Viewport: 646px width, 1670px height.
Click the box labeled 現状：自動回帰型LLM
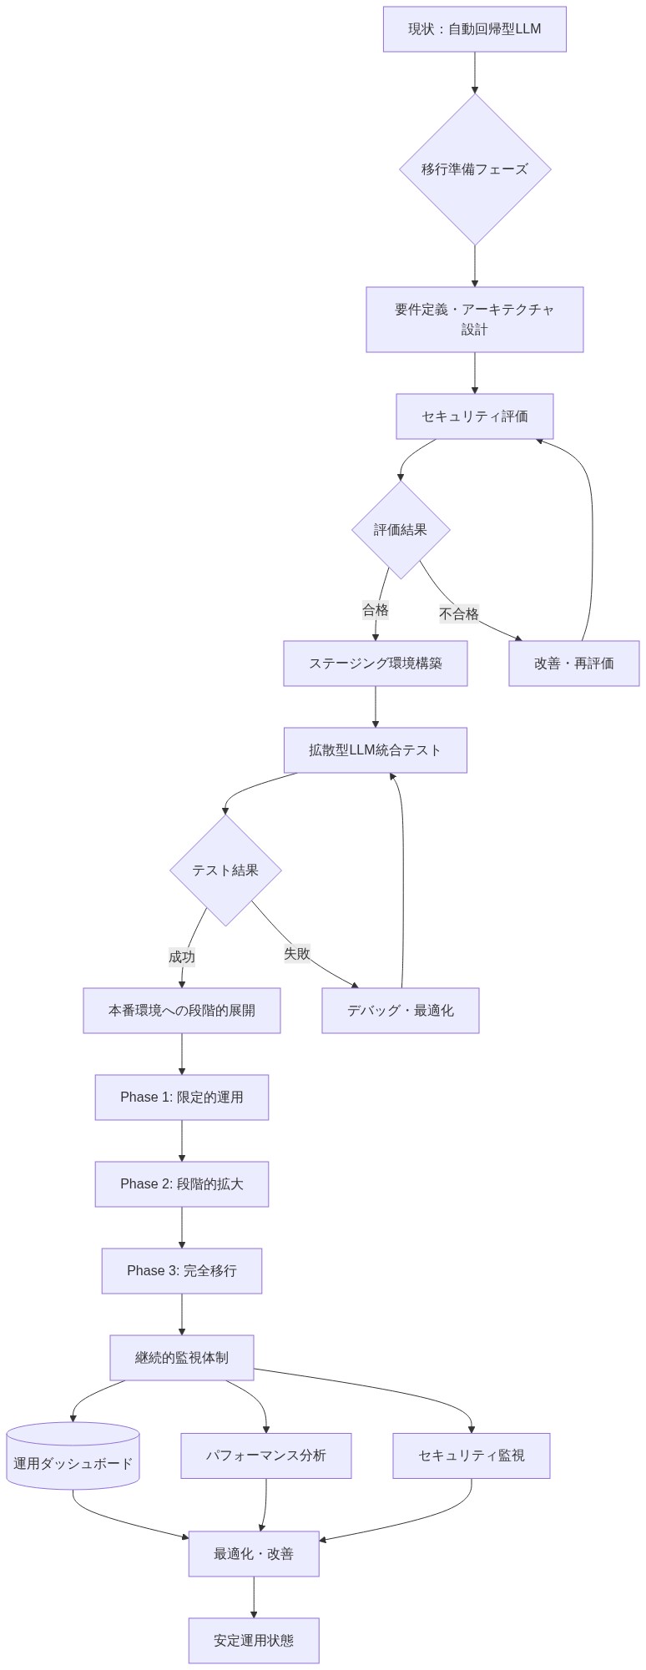474,29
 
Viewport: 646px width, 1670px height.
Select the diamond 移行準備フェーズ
474,169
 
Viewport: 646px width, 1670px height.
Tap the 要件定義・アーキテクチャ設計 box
474,320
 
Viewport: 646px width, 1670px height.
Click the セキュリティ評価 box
474,416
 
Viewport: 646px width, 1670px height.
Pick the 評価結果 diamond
401,530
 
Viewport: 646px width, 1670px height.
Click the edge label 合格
376,610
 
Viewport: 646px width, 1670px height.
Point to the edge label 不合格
459,614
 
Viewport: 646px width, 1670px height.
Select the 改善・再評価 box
573,663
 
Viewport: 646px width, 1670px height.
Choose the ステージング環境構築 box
375,663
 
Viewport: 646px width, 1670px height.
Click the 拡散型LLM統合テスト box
375,750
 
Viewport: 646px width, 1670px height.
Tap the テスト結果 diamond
225,870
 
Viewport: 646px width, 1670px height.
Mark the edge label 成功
182,957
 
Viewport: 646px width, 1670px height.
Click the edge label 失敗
297,953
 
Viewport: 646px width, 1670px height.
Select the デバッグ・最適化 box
400,1011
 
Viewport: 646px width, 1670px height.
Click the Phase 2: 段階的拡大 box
181,1184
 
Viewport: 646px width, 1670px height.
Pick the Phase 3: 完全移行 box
181,1271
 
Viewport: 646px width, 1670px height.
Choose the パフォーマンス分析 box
265,1456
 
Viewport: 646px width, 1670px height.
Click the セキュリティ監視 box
471,1456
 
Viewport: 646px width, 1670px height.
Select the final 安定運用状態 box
253,1641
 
